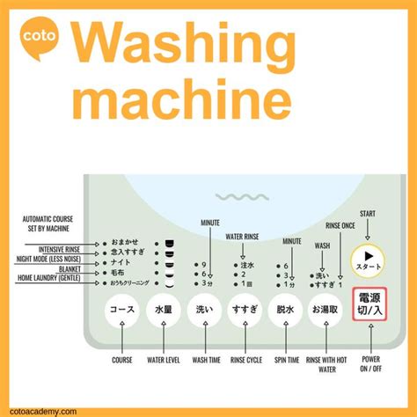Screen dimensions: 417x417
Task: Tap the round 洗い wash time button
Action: [x=203, y=311]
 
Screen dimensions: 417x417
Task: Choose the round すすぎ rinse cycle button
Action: [x=244, y=311]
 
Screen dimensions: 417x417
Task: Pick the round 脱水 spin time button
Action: [x=285, y=311]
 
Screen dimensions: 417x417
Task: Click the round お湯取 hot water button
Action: [x=326, y=311]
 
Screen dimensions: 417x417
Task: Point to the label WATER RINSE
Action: [x=243, y=236]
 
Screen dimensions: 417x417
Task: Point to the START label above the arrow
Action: [x=368, y=213]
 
